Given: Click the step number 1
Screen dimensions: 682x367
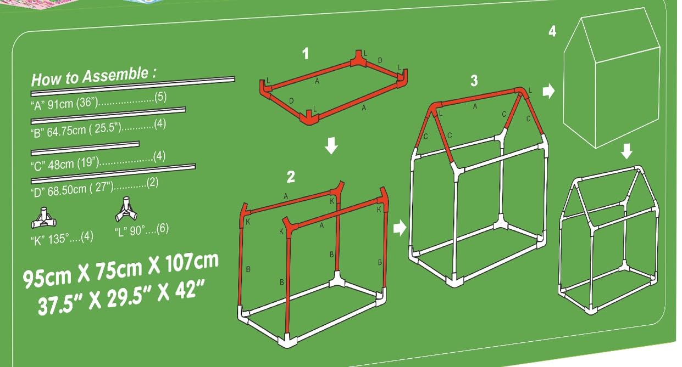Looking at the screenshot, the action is [306, 54].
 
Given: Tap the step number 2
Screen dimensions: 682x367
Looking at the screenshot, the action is [291, 177].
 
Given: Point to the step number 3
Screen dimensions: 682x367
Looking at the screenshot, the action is [474, 81].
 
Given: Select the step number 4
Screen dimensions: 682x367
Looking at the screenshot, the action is [552, 31].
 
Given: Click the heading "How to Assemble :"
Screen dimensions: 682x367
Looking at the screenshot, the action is [94, 77].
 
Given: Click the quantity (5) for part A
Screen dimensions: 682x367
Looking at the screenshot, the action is [160, 97].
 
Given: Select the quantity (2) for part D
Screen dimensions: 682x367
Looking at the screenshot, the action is [153, 183].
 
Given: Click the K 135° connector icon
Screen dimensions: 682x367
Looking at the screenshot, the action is [43, 218].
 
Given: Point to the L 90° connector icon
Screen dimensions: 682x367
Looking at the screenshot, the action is [126, 210].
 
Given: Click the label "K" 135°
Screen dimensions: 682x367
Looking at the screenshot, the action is [50, 239].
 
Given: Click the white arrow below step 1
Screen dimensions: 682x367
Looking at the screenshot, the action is [331, 145].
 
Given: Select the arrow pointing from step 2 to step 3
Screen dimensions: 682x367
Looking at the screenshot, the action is [400, 228].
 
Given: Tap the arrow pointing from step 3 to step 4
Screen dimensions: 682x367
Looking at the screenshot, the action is [548, 91].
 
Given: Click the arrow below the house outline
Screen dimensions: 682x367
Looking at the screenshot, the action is [626, 151].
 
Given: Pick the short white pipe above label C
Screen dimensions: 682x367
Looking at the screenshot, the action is [85, 148].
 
